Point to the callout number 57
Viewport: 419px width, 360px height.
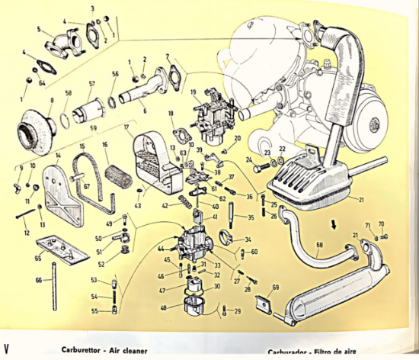[91, 84]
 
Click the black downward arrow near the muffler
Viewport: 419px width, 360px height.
[333, 226]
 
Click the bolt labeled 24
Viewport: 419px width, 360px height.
[263, 166]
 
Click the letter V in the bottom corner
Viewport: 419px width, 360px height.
[6, 336]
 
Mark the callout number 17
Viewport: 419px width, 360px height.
[126, 127]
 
